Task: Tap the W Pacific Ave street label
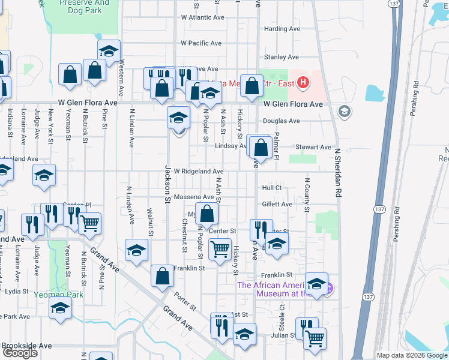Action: click(202, 43)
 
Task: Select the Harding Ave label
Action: click(282, 29)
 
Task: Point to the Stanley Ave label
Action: click(282, 57)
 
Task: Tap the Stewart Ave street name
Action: click(313, 147)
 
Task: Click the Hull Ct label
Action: click(272, 188)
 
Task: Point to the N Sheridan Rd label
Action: click(337, 174)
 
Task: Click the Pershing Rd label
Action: click(397, 224)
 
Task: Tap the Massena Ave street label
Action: click(194, 197)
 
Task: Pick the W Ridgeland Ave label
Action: click(199, 172)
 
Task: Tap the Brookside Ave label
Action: click(26, 346)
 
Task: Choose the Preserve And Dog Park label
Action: click(85, 7)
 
